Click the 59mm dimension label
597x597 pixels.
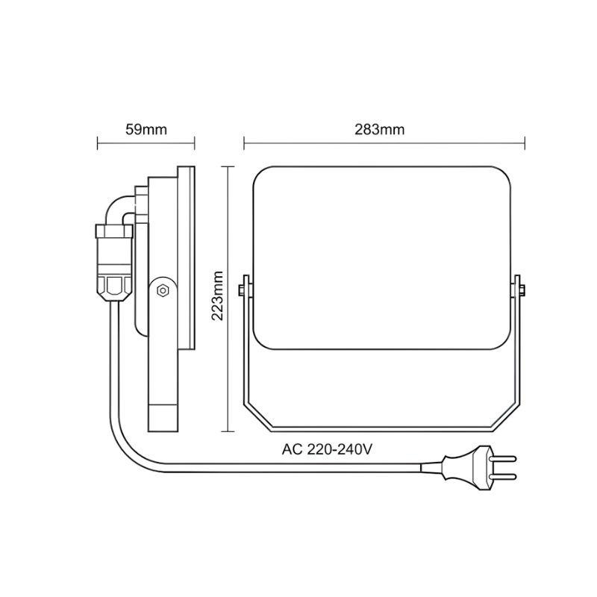[146, 129]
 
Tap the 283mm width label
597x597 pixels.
[384, 129]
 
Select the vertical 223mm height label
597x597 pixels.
[216, 296]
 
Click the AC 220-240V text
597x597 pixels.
[326, 450]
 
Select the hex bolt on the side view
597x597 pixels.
[162, 290]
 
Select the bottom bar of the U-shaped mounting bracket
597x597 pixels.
[381, 430]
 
